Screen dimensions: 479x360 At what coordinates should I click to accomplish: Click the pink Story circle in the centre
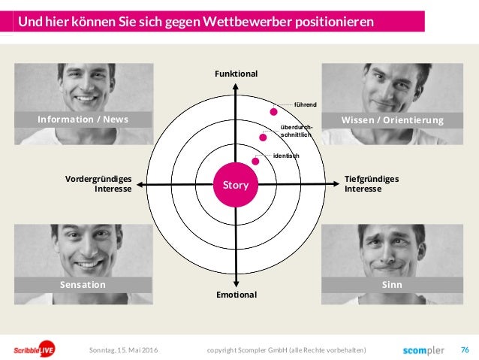(236, 185)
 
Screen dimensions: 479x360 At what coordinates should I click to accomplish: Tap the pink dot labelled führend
(274, 111)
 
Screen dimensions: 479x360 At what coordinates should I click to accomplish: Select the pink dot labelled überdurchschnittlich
(263, 137)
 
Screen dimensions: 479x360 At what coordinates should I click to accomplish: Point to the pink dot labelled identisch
(256, 161)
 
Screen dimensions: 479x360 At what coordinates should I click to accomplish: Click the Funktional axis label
(236, 74)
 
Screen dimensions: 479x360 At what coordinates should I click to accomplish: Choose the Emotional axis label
(236, 295)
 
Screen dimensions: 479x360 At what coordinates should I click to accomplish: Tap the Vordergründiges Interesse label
(99, 183)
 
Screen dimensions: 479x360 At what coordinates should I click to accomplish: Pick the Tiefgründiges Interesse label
(372, 183)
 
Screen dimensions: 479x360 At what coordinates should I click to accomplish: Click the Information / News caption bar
(83, 119)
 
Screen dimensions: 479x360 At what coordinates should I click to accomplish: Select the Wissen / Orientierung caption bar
(393, 119)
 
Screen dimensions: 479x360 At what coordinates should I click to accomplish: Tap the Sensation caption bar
(83, 285)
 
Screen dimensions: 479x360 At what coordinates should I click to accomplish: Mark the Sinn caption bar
(393, 285)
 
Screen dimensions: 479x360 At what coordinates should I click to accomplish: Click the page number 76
(465, 349)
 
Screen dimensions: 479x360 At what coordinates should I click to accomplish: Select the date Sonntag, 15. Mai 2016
(124, 350)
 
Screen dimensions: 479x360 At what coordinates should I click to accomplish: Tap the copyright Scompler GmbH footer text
(286, 350)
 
